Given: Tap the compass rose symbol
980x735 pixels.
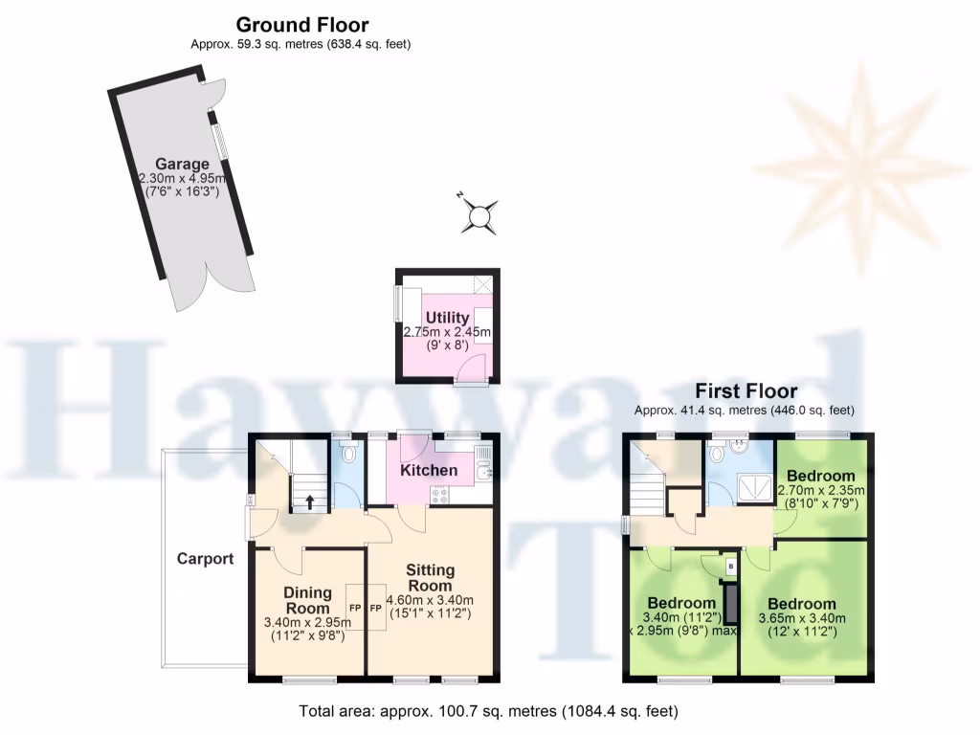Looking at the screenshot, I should pyautogui.click(x=479, y=216).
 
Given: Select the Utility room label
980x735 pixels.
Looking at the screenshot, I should pyautogui.click(x=447, y=318).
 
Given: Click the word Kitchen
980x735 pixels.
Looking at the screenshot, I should pyautogui.click(x=429, y=471).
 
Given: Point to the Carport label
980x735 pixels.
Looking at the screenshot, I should pyautogui.click(x=205, y=559).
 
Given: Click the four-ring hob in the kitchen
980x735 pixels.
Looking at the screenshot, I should pyautogui.click(x=441, y=495).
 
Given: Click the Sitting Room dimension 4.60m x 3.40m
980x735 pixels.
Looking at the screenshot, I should pyautogui.click(x=429, y=601).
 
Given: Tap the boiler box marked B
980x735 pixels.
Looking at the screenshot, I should pyautogui.click(x=732, y=567).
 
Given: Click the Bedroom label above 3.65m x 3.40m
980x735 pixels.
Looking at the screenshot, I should pyautogui.click(x=801, y=604).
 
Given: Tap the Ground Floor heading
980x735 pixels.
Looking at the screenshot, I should pyautogui.click(x=301, y=26).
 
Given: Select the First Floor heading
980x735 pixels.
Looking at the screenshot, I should pyautogui.click(x=746, y=391).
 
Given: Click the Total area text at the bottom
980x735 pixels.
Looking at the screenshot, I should pyautogui.click(x=488, y=711).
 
